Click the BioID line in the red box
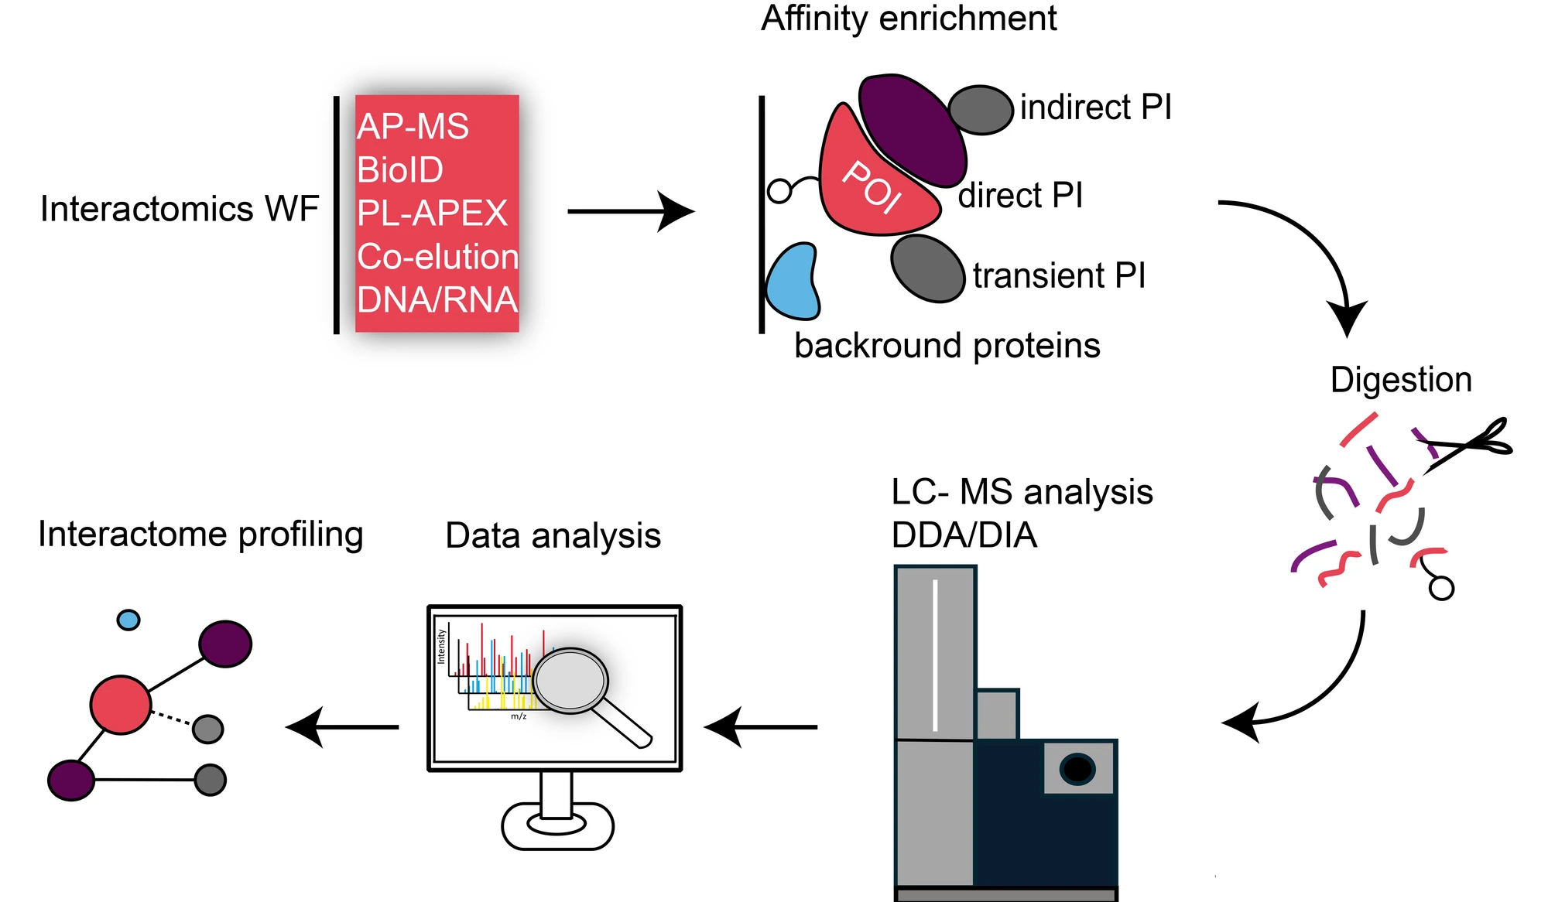[400, 170]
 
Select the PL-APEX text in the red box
[432, 214]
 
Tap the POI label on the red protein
[872, 186]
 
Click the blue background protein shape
[792, 283]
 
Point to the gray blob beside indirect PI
[981, 110]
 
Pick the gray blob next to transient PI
[927, 268]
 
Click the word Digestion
[1401, 380]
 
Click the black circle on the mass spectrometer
[1077, 769]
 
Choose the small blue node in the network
[128, 620]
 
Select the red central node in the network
[121, 705]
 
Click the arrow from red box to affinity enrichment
[630, 211]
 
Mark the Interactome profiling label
[200, 535]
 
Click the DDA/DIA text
[964, 535]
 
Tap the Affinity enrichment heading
[909, 19]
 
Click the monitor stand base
[557, 825]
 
